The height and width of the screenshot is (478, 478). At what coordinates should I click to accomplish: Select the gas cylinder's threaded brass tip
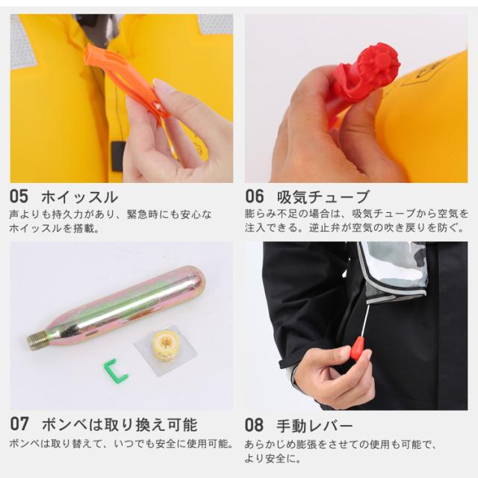tap(38, 340)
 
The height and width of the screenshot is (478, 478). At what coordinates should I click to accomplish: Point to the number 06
tap(254, 197)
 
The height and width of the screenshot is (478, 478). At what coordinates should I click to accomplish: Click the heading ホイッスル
tap(78, 197)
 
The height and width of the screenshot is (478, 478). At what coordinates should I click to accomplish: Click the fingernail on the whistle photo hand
tap(164, 87)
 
